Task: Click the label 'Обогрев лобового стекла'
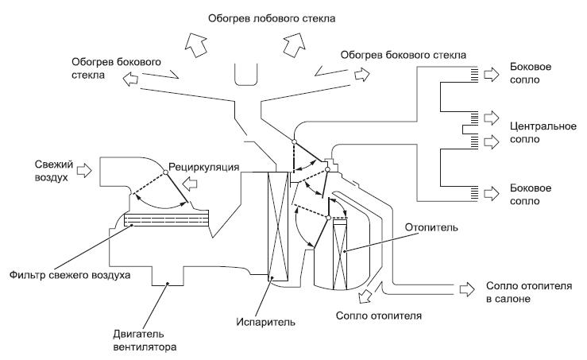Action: (x=272, y=19)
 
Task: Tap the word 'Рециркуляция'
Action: (x=203, y=167)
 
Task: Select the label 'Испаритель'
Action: (x=265, y=322)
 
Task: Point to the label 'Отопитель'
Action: (x=431, y=227)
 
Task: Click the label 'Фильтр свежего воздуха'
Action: (x=70, y=275)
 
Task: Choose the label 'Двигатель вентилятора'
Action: (x=145, y=340)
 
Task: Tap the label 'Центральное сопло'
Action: (x=543, y=133)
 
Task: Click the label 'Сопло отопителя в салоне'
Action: (x=529, y=292)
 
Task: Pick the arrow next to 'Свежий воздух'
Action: (x=84, y=170)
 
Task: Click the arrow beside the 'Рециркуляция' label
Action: (x=190, y=184)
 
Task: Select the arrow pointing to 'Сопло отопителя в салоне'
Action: (x=467, y=289)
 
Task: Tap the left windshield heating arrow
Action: (x=196, y=45)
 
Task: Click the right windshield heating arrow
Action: (x=294, y=45)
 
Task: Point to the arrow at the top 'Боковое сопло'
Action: (x=491, y=75)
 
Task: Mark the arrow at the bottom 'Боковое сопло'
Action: (x=491, y=194)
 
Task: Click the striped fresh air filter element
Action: (x=166, y=219)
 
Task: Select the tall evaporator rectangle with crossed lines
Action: (x=278, y=226)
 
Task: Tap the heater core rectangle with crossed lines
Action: (x=340, y=254)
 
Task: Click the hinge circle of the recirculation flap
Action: (x=165, y=172)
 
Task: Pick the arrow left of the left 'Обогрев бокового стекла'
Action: (x=130, y=79)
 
